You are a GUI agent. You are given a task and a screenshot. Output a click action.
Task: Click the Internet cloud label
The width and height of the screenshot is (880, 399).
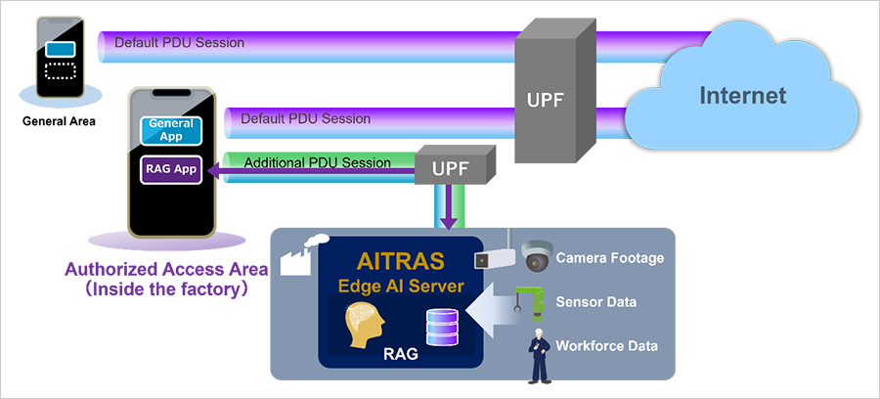pyautogui.click(x=742, y=96)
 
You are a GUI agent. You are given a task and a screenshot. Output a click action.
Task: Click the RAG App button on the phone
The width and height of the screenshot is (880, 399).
pyautogui.click(x=170, y=169)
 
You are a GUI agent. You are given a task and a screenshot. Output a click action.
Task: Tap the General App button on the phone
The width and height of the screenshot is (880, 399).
pyautogui.click(x=171, y=130)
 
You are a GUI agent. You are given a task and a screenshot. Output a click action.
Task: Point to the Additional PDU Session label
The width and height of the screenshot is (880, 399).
pyautogui.click(x=318, y=162)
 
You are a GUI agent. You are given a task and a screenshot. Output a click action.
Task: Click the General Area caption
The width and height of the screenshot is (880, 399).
pyautogui.click(x=59, y=121)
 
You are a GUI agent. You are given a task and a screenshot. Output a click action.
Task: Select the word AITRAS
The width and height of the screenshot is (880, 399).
pyautogui.click(x=401, y=260)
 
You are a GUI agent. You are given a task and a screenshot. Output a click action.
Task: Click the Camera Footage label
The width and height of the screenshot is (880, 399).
pyautogui.click(x=610, y=258)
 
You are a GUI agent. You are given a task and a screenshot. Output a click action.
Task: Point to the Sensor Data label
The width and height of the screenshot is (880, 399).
pyautogui.click(x=596, y=302)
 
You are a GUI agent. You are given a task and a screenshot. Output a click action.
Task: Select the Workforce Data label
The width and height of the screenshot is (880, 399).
pyautogui.click(x=606, y=345)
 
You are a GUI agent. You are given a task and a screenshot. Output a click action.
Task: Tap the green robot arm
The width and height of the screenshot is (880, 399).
pyautogui.click(x=531, y=303)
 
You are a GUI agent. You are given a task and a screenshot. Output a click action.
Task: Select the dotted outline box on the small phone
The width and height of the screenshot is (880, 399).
pyautogui.click(x=60, y=71)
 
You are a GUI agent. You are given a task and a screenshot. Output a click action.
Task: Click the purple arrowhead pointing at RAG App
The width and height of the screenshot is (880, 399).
pyautogui.click(x=212, y=169)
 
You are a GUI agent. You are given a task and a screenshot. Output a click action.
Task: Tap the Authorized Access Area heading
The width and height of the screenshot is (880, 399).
pyautogui.click(x=165, y=269)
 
